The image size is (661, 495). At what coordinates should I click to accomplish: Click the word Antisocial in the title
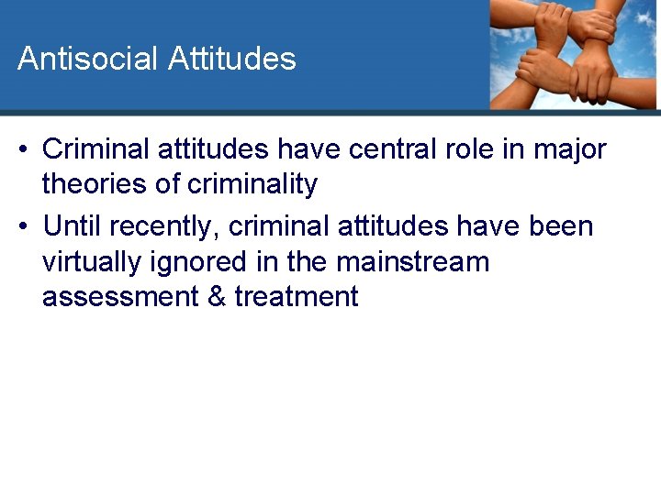tap(88, 59)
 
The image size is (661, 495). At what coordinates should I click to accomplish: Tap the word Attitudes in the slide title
tap(232, 59)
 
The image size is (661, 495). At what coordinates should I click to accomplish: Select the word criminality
tap(252, 184)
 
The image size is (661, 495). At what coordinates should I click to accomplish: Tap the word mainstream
tap(412, 261)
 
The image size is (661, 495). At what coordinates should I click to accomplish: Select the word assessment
tap(118, 297)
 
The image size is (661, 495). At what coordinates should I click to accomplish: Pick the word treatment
tap(296, 297)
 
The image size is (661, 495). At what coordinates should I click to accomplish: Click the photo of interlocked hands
tap(574, 53)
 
